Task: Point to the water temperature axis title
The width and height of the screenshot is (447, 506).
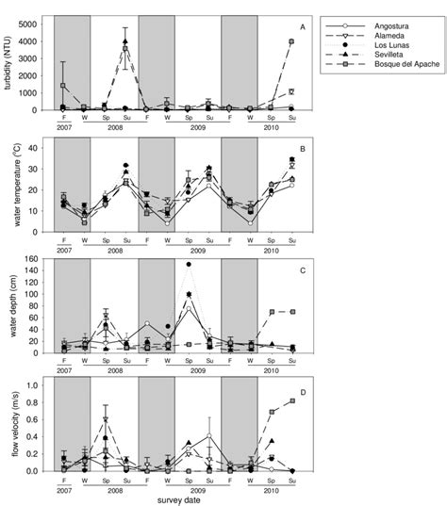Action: (x=11, y=185)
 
